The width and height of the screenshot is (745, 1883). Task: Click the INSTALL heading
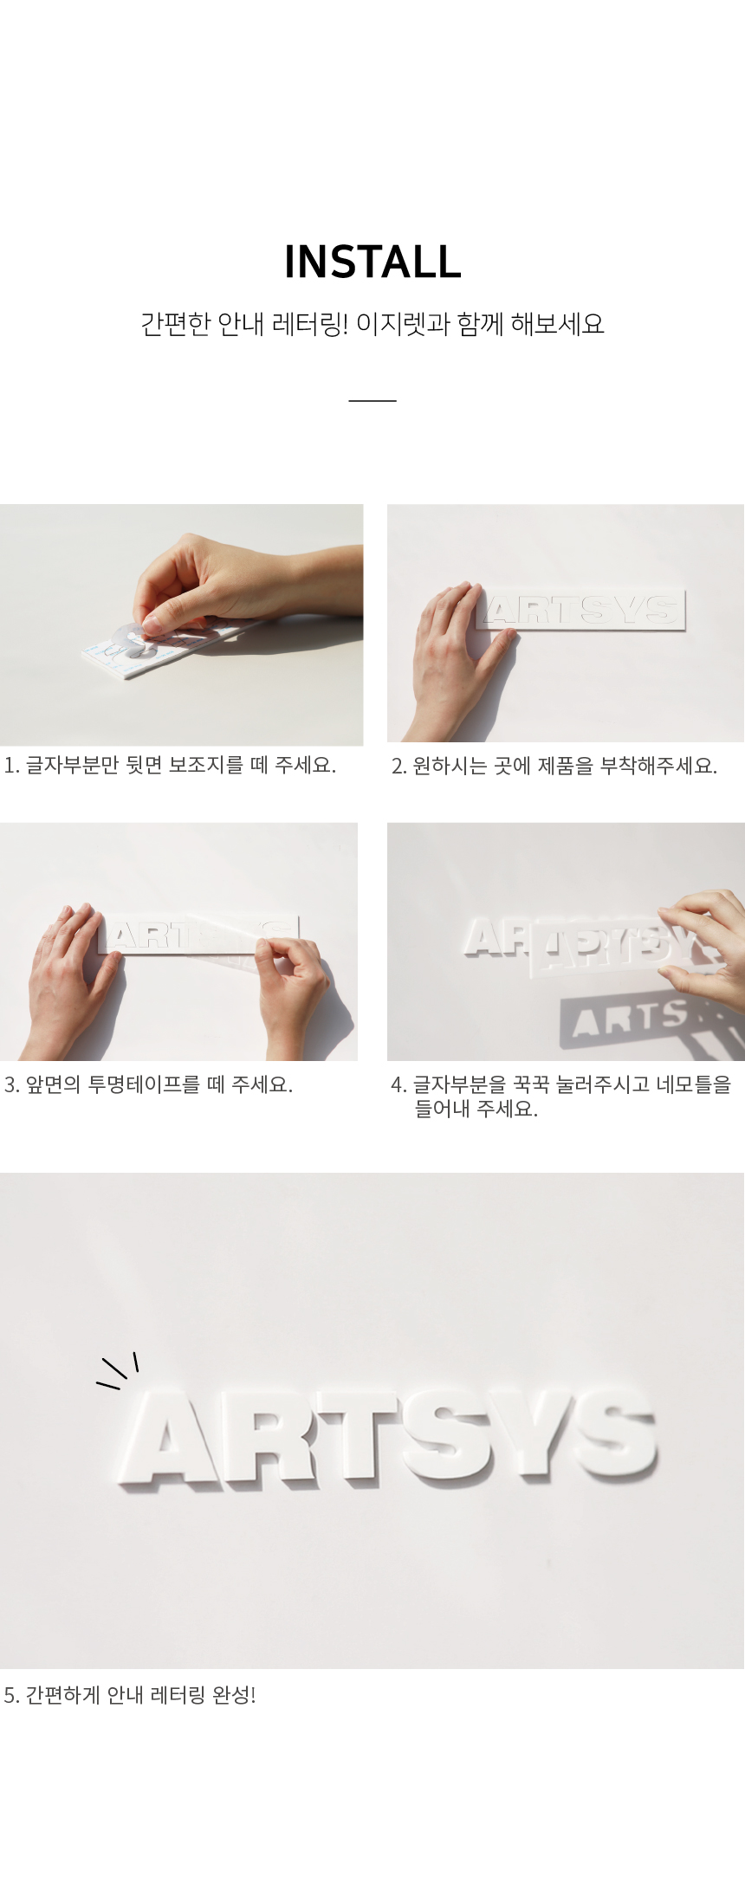click(372, 262)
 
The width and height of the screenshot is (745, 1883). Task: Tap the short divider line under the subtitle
click(372, 400)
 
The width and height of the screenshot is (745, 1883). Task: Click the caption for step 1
click(170, 765)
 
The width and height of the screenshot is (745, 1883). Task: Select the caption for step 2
click(554, 766)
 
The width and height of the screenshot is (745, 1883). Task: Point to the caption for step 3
click(148, 1084)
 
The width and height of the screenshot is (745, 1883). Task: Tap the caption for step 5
click(130, 1695)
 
